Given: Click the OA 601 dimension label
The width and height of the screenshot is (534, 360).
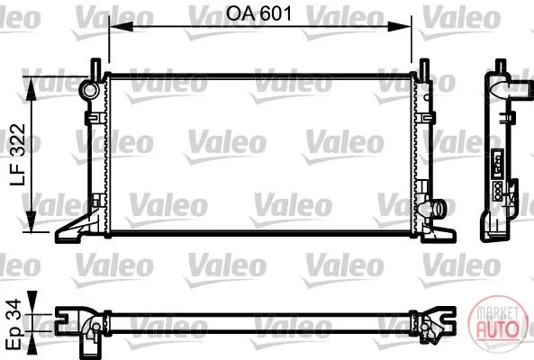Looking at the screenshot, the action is (259, 14).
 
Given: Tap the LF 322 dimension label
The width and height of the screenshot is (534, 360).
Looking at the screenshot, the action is (18, 155).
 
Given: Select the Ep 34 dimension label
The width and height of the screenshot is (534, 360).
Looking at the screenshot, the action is (14, 324).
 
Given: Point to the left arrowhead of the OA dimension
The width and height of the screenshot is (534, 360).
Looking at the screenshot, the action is (121, 26).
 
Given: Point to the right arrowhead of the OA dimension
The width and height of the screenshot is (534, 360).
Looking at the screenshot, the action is (400, 26).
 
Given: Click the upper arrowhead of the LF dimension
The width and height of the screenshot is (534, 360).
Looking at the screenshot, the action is (32, 88).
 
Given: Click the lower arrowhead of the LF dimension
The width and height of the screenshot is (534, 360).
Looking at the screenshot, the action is (32, 221).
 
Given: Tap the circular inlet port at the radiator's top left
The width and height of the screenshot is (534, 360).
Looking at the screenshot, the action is (89, 90).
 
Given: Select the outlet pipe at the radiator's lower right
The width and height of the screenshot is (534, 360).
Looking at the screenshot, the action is (438, 209).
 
